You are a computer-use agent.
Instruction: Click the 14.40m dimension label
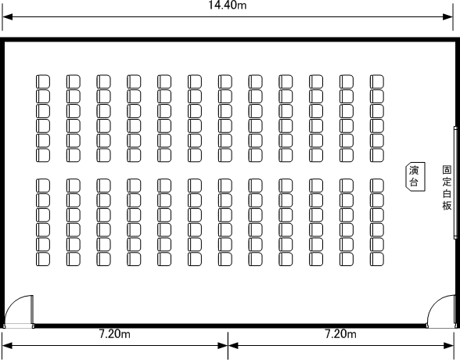pyautogui.click(x=228, y=5)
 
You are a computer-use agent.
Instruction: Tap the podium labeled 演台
pyautogui.click(x=415, y=176)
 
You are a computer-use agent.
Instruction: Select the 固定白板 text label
pyautogui.click(x=447, y=188)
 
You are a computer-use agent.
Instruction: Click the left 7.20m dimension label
pyautogui.click(x=115, y=334)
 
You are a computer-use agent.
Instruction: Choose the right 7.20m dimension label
pyautogui.click(x=340, y=334)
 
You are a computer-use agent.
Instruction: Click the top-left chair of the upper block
pyautogui.click(x=43, y=81)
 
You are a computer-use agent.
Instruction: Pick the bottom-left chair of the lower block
pyautogui.click(x=43, y=259)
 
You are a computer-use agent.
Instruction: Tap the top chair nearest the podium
pyautogui.click(x=377, y=81)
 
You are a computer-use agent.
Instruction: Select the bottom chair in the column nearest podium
pyautogui.click(x=377, y=259)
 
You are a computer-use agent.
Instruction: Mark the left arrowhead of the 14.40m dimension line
pyautogui.click(x=7, y=16)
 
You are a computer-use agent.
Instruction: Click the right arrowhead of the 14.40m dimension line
pyautogui.click(x=448, y=16)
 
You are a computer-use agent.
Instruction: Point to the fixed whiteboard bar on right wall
pyautogui.click(x=455, y=182)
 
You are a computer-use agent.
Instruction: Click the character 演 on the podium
pyautogui.click(x=414, y=170)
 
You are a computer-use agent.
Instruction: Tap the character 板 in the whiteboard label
pyautogui.click(x=447, y=206)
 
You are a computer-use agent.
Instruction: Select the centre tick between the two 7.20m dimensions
pyautogui.click(x=228, y=345)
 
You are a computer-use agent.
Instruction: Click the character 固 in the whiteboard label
pyautogui.click(x=447, y=170)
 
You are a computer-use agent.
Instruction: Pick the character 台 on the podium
pyautogui.click(x=414, y=182)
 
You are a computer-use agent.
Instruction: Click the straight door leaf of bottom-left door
pyautogui.click(x=32, y=310)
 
